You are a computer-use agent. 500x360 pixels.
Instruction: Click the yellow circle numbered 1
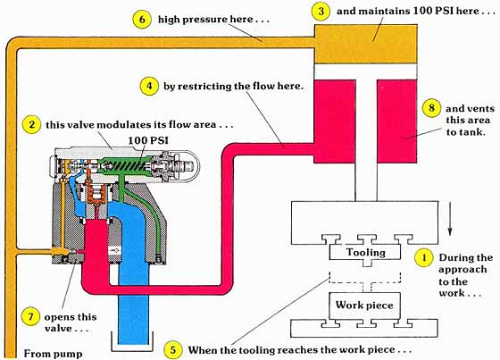point(424,257)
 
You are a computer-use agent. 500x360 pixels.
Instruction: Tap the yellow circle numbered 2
point(31,124)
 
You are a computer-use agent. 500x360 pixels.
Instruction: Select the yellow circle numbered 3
point(321,12)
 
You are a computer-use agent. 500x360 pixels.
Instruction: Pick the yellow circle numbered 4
point(149,86)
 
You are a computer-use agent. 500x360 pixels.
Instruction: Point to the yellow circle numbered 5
point(173,350)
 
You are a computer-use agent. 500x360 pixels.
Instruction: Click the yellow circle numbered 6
point(142,19)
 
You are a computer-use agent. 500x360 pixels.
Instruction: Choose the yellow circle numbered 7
point(30,317)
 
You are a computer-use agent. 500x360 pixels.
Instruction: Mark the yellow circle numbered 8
point(431,108)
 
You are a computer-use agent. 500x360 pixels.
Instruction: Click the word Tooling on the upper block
point(366,253)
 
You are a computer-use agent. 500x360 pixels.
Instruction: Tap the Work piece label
point(364,306)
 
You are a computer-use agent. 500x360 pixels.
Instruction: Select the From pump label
point(53,354)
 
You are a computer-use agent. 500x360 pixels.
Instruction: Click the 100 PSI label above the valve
point(148,140)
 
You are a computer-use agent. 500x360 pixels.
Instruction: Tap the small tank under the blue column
point(132,341)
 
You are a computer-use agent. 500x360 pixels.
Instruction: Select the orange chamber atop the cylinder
point(366,44)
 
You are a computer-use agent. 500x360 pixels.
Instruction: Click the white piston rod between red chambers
point(366,132)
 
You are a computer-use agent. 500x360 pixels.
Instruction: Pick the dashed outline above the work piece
point(365,278)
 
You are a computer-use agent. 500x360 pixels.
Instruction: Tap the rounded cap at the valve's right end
point(187,166)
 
